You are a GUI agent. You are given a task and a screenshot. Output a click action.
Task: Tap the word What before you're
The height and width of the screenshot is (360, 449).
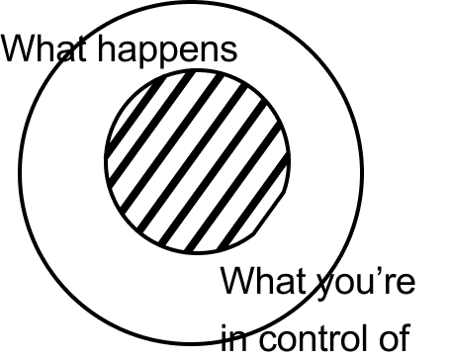[x=263, y=281]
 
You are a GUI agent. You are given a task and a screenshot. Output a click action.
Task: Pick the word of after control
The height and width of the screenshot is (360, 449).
[x=395, y=338]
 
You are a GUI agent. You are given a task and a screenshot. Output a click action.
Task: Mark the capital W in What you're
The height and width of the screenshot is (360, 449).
[x=239, y=281]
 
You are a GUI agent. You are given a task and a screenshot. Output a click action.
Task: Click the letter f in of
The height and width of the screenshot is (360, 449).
[x=405, y=338]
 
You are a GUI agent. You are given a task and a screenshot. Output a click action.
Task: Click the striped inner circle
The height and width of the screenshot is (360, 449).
[x=198, y=162]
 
